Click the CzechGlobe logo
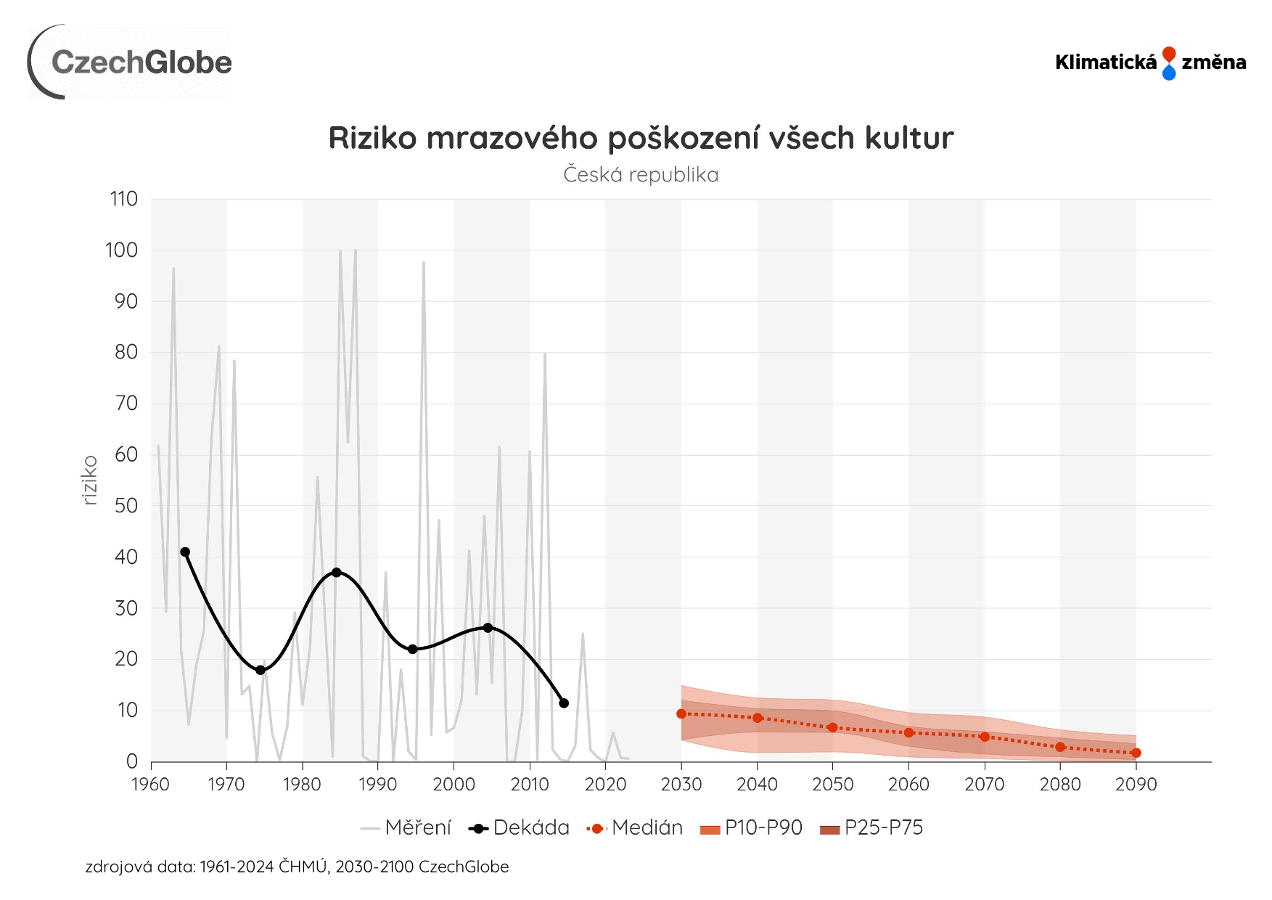coord(131,62)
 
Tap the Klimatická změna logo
coord(1150,63)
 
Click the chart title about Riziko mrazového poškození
coord(641,138)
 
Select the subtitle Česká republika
coord(641,175)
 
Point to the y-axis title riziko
coord(90,480)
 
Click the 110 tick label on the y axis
coord(123,199)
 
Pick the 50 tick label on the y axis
coord(126,506)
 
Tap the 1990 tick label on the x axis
coord(378,785)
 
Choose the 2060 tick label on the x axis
coord(908,785)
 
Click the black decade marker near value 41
coord(185,552)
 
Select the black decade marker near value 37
coord(337,573)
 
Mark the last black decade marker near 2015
coord(564,703)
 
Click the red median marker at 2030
coord(681,714)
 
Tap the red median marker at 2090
coord(1136,753)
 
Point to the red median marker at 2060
coord(908,733)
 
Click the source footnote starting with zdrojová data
coord(297,867)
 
